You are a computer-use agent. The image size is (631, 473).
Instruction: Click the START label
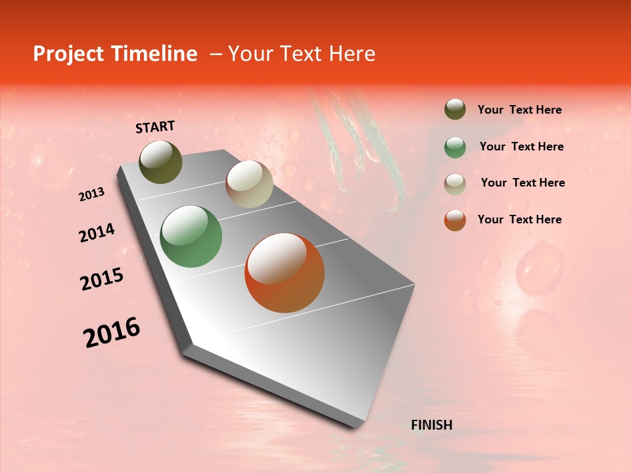click(x=155, y=127)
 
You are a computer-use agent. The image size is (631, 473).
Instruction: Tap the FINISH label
click(x=431, y=425)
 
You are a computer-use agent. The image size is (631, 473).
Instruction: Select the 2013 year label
click(x=92, y=194)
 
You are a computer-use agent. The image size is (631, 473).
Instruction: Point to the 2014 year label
click(x=97, y=233)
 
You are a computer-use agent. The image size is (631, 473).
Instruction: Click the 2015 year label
click(x=102, y=279)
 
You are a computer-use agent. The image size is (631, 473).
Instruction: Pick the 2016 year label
click(x=112, y=332)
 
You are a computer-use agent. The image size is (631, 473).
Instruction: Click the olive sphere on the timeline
click(x=160, y=162)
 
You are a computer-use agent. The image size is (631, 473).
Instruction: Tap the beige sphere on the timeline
click(x=249, y=184)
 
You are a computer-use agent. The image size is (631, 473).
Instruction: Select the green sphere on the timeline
click(x=191, y=236)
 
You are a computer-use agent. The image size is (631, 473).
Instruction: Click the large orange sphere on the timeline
click(x=285, y=273)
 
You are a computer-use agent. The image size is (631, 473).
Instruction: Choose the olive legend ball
click(x=455, y=110)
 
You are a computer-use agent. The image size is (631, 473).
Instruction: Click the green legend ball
click(x=455, y=147)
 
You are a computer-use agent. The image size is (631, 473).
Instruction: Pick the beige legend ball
click(x=455, y=184)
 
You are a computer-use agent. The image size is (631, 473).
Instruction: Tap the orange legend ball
click(x=455, y=220)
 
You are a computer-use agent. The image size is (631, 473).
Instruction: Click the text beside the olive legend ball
click(x=519, y=110)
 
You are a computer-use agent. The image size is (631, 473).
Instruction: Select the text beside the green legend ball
click(x=521, y=146)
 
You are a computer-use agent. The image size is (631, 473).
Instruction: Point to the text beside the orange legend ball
click(x=519, y=219)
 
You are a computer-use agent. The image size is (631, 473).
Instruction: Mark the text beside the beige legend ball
click(x=523, y=183)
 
